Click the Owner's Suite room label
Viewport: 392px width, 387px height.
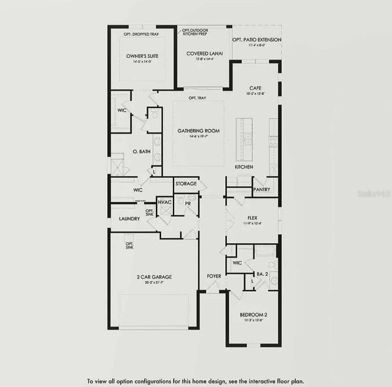pyautogui.click(x=142, y=56)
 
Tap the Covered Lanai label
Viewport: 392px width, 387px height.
pyautogui.click(x=201, y=53)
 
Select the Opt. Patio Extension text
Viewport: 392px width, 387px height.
pyautogui.click(x=256, y=40)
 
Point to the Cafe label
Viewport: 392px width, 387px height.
pyautogui.click(x=255, y=88)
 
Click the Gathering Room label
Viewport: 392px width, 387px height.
pyautogui.click(x=198, y=131)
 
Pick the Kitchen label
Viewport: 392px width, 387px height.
pyautogui.click(x=244, y=167)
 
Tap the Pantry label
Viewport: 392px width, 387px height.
pyautogui.click(x=262, y=190)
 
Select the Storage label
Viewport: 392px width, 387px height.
pyautogui.click(x=186, y=184)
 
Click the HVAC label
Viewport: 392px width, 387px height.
pyautogui.click(x=165, y=202)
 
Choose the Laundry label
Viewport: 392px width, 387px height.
pyautogui.click(x=129, y=219)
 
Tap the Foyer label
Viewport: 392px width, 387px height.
pyautogui.click(x=214, y=276)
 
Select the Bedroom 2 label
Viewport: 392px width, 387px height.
pyautogui.click(x=253, y=315)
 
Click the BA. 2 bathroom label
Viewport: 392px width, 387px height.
pyautogui.click(x=262, y=274)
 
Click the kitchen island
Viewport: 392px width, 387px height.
pyautogui.click(x=244, y=139)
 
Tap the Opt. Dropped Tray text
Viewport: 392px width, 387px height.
pyautogui.click(x=142, y=34)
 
